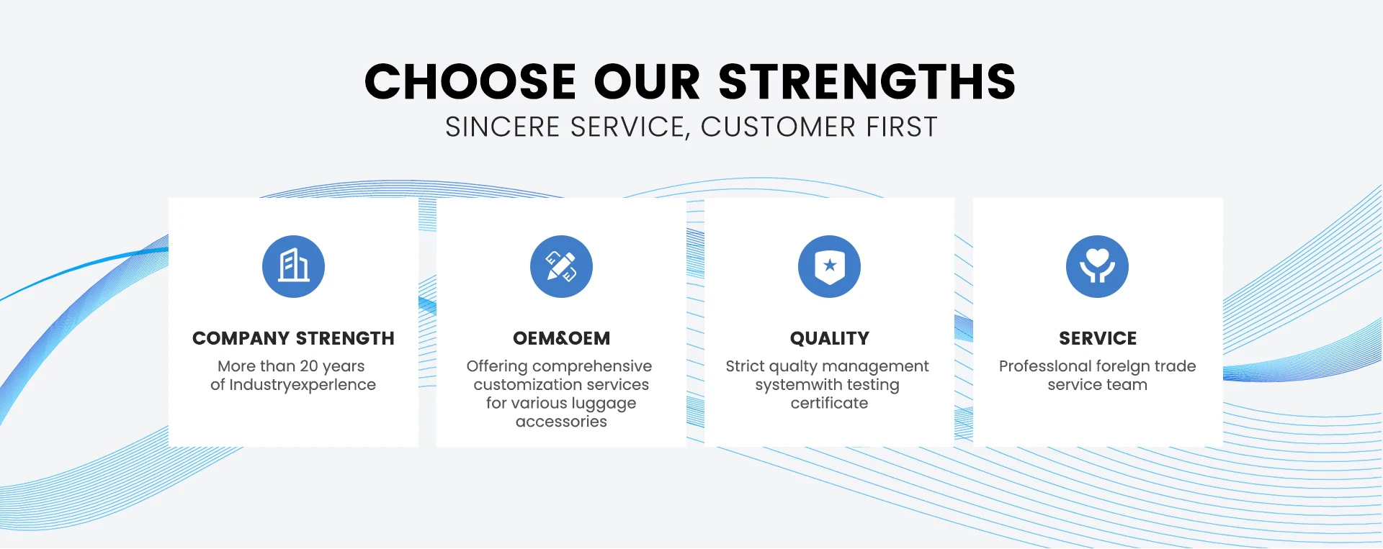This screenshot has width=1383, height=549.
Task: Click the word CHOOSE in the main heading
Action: coord(470,81)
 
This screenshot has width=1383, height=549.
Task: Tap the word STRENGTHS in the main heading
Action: coord(867,81)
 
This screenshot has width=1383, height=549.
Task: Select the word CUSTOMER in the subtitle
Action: coord(779,127)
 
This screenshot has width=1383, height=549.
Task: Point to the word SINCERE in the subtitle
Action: coord(503,127)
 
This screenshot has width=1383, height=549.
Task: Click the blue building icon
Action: coord(293,266)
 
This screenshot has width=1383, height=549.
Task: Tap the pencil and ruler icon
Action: coord(561,266)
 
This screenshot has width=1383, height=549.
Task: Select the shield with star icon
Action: coord(829,266)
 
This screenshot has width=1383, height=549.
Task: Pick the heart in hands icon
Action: coord(1097,266)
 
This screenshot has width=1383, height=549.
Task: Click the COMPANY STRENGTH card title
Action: coord(293,338)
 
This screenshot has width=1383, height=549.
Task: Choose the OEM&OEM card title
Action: coord(561,338)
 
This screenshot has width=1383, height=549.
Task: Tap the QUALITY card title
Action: coord(830,338)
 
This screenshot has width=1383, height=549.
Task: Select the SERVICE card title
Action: coord(1098,338)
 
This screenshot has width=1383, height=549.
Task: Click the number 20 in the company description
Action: coord(309,366)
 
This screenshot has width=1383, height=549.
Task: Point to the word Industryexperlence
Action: coord(303,385)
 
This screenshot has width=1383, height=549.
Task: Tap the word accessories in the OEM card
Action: coord(561,422)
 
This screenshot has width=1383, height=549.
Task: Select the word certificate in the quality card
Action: coord(829,403)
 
